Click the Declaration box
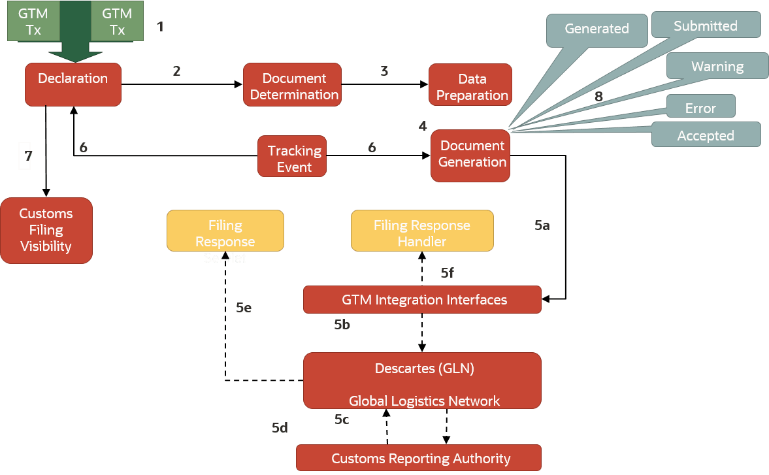pyautogui.click(x=73, y=84)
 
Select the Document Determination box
pyautogui.click(x=292, y=86)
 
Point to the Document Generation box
pyautogui.click(x=470, y=155)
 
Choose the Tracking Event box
pyautogui.click(x=292, y=157)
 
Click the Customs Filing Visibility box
pyautogui.click(x=46, y=230)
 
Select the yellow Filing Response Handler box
pyautogui.click(x=422, y=231)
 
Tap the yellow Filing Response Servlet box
pyautogui.click(x=225, y=231)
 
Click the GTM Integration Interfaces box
pyautogui.click(x=422, y=300)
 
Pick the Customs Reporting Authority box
pyautogui.click(x=419, y=458)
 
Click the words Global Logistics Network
pyautogui.click(x=423, y=401)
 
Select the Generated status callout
pyautogui.click(x=597, y=29)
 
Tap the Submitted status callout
pyautogui.click(x=706, y=25)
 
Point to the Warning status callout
pyautogui.click(x=717, y=66)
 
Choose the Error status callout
pyautogui.click(x=700, y=107)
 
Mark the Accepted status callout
pyautogui.click(x=706, y=135)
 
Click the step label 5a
pyautogui.click(x=542, y=225)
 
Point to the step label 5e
pyautogui.click(x=244, y=307)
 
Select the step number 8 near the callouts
pyautogui.click(x=598, y=97)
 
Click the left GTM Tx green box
pyautogui.click(x=33, y=22)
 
